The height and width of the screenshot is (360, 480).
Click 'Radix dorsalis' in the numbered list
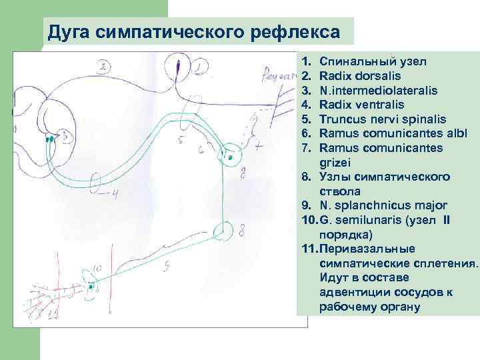tap(358, 76)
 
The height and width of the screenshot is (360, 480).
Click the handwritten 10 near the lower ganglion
tap(97, 268)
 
